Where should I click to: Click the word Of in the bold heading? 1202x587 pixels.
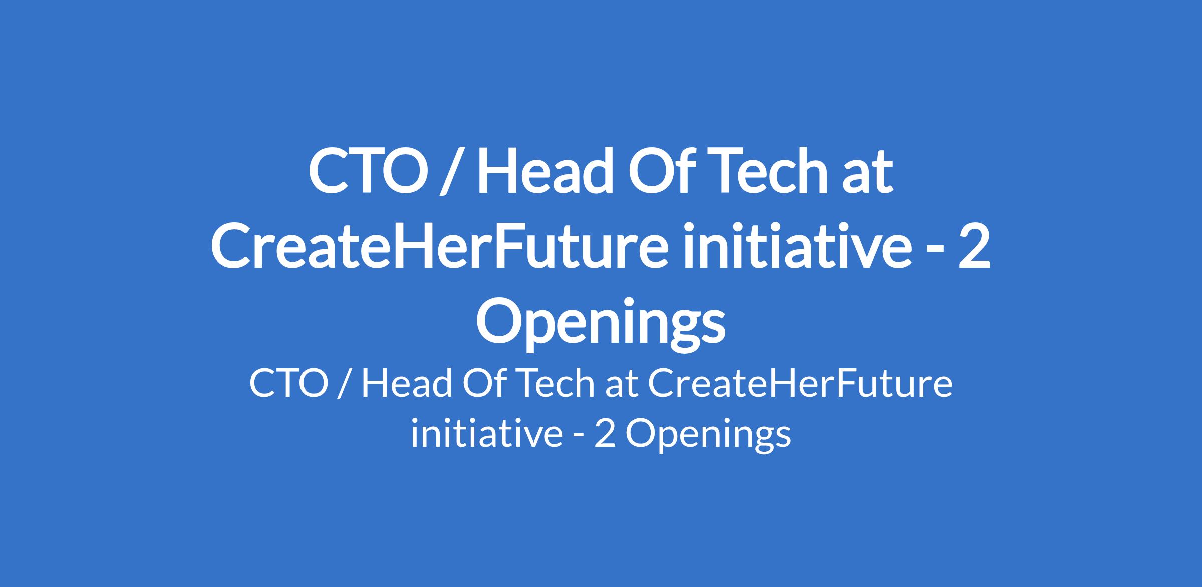[663, 171]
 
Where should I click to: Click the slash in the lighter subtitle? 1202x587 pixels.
[344, 385]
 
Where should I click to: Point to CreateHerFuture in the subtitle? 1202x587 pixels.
[800, 384]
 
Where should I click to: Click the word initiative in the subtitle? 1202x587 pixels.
[486, 432]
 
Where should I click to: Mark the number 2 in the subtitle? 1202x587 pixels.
[605, 433]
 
